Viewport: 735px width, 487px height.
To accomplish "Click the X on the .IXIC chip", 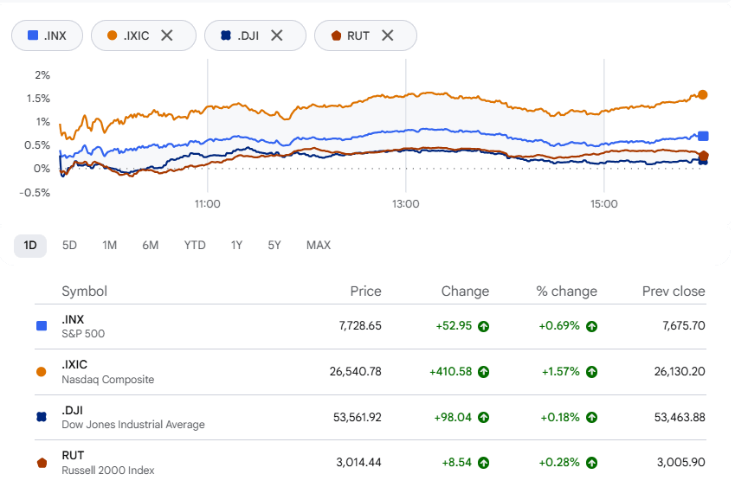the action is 167,35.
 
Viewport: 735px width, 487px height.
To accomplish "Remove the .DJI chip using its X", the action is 277,35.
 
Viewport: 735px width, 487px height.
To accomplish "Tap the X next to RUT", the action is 387,35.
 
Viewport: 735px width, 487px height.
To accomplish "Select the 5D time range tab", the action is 69,246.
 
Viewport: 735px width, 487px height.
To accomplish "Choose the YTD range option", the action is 195,246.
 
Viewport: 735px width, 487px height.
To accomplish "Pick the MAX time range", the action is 319,246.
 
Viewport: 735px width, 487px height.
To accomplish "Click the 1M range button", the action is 110,246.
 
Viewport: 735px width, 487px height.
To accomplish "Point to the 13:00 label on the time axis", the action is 406,204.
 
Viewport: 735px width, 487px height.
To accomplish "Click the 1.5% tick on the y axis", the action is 38,99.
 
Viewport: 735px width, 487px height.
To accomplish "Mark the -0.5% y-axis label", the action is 35,192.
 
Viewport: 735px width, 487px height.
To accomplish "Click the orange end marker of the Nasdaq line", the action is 703,94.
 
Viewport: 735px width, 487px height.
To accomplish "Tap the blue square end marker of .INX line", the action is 703,137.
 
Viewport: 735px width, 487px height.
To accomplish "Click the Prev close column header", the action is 674,292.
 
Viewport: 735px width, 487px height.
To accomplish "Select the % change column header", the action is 567,292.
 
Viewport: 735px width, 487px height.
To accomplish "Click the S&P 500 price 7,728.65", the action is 360,326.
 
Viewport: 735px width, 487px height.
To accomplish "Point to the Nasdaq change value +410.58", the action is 450,372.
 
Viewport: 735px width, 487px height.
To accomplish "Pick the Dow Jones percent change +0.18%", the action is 560,417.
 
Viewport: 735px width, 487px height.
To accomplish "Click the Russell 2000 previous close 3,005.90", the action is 681,463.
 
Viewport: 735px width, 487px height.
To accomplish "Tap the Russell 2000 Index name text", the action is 108,471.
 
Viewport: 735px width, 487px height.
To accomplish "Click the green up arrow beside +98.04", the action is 483,417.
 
